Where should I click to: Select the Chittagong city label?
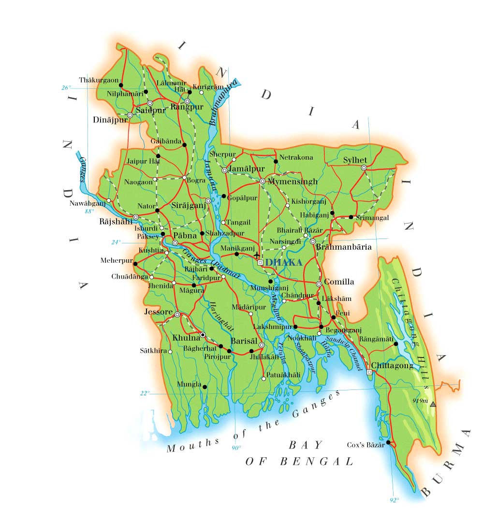(x=392, y=366)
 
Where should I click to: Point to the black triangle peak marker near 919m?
(x=433, y=404)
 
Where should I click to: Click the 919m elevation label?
(x=420, y=401)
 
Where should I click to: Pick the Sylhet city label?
(x=355, y=160)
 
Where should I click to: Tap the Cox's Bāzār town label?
(x=366, y=445)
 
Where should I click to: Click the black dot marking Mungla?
(x=205, y=387)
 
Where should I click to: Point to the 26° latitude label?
(x=66, y=88)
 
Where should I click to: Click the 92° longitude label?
(x=394, y=500)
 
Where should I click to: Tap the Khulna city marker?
(x=203, y=335)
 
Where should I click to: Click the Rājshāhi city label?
(x=115, y=222)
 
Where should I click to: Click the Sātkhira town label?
(x=153, y=350)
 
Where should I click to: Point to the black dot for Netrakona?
(x=276, y=161)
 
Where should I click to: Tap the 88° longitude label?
(x=89, y=211)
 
